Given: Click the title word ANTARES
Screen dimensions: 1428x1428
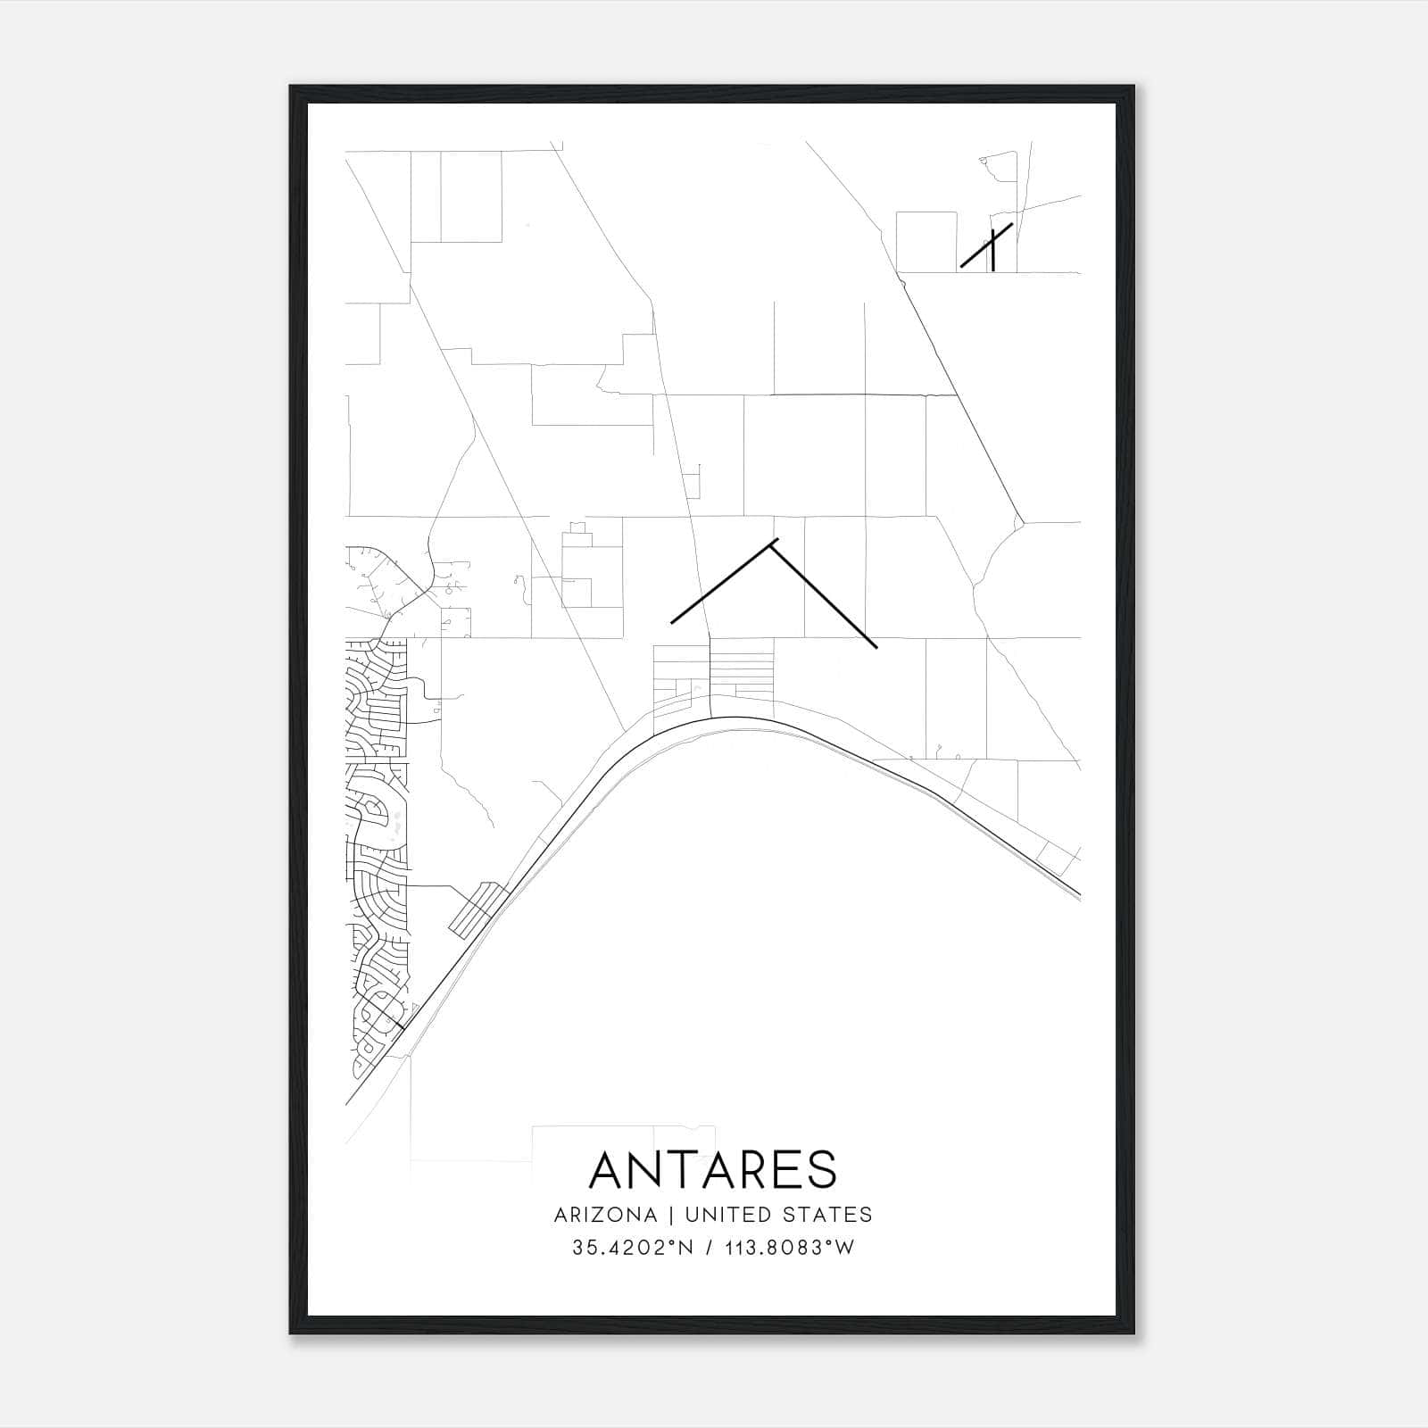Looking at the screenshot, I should coord(713,1169).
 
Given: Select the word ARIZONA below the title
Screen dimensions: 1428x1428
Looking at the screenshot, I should coord(605,1215).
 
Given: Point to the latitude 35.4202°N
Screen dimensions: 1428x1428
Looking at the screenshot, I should coord(632,1248).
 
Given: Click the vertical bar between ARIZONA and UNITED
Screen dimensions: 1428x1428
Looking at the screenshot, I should coord(671,1215).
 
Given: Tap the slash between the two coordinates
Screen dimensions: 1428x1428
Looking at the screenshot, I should coord(710,1248).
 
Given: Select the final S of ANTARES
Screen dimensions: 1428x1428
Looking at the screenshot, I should coord(821,1169).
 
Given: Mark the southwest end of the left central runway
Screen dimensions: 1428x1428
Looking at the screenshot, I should coord(673,620).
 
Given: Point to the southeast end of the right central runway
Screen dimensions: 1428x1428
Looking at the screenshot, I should coord(876,646).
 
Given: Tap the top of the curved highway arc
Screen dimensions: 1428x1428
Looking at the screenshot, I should coord(732,718).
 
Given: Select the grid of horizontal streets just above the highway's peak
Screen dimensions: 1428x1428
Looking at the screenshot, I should coord(741,674).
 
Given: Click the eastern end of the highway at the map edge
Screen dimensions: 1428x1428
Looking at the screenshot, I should coord(1078,893).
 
